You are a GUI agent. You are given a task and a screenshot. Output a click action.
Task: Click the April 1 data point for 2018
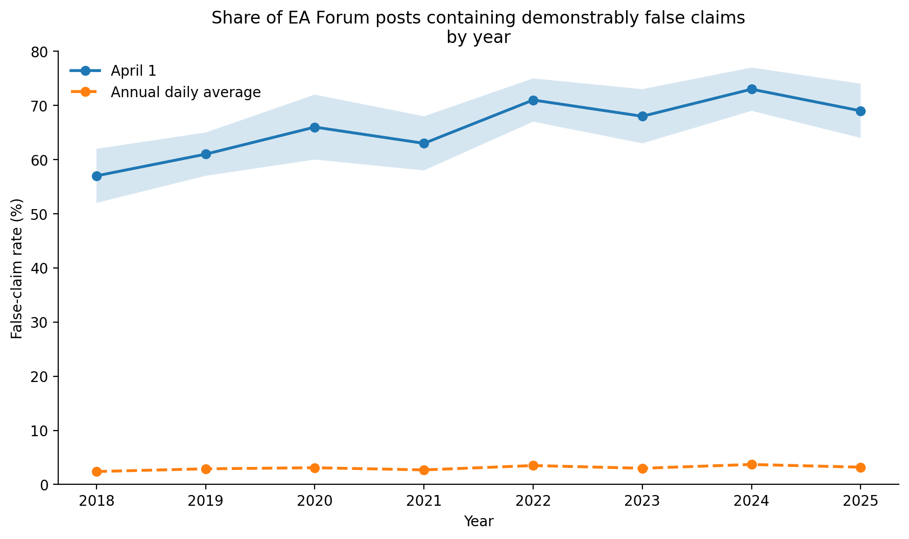pyautogui.click(x=97, y=176)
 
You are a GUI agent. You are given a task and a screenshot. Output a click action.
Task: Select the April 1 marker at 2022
pyautogui.click(x=533, y=100)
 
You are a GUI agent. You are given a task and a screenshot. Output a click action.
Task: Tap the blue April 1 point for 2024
pyautogui.click(x=752, y=89)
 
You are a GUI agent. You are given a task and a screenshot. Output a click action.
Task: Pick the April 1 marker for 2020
pyautogui.click(x=315, y=127)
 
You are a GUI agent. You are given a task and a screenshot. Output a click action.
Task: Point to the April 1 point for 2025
pyautogui.click(x=860, y=111)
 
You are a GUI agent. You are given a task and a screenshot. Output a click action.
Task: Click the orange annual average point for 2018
pyautogui.click(x=97, y=471)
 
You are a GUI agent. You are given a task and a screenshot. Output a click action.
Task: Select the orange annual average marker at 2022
pyautogui.click(x=533, y=465)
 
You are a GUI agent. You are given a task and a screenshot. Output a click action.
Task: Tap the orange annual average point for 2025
pyautogui.click(x=860, y=467)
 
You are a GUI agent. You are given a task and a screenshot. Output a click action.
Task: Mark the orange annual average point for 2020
pyautogui.click(x=315, y=468)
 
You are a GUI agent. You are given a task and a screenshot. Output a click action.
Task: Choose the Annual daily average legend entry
pyautogui.click(x=165, y=92)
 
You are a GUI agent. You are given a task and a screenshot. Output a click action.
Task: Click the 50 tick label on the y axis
pyautogui.click(x=42, y=214)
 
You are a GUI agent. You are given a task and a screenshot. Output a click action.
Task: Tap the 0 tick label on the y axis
pyautogui.click(x=46, y=485)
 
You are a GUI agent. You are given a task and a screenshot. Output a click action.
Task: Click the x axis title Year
pyautogui.click(x=479, y=522)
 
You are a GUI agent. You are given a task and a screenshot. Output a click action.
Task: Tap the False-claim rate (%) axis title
pyautogui.click(x=17, y=268)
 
